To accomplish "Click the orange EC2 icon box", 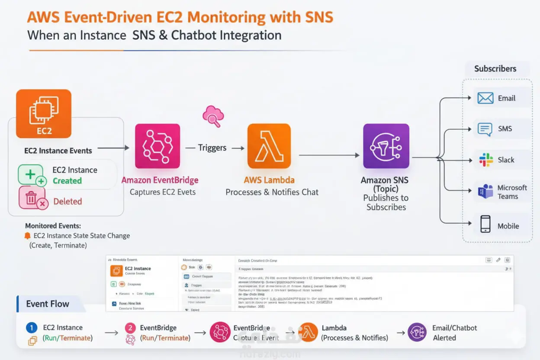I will click(x=43, y=113).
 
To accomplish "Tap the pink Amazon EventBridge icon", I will click(x=157, y=146).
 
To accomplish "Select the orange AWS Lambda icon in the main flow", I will click(x=269, y=146).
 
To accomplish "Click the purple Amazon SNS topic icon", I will click(x=386, y=146).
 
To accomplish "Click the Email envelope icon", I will click(x=485, y=98).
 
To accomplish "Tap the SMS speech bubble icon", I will click(x=485, y=129).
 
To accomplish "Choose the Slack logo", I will click(x=486, y=160).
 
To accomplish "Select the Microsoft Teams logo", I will click(x=485, y=191).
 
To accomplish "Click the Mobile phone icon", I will click(x=485, y=225).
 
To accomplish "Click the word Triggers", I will click(x=212, y=148).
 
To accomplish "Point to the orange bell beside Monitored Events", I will click(x=28, y=236).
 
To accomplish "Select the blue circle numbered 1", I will click(x=32, y=328).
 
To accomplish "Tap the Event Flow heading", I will click(x=48, y=304).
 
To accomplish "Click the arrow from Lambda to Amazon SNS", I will click(x=329, y=155).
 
